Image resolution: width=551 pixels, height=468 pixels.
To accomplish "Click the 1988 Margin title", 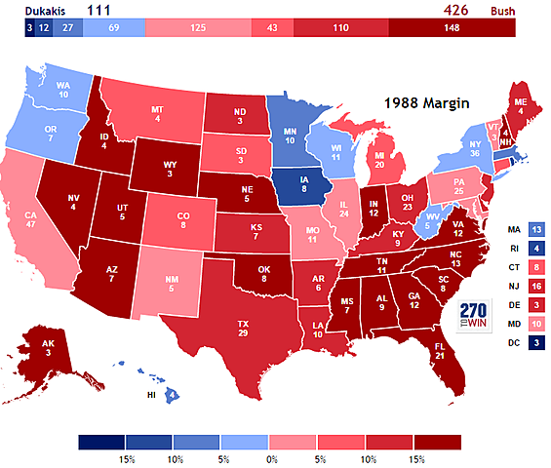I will (425, 102).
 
